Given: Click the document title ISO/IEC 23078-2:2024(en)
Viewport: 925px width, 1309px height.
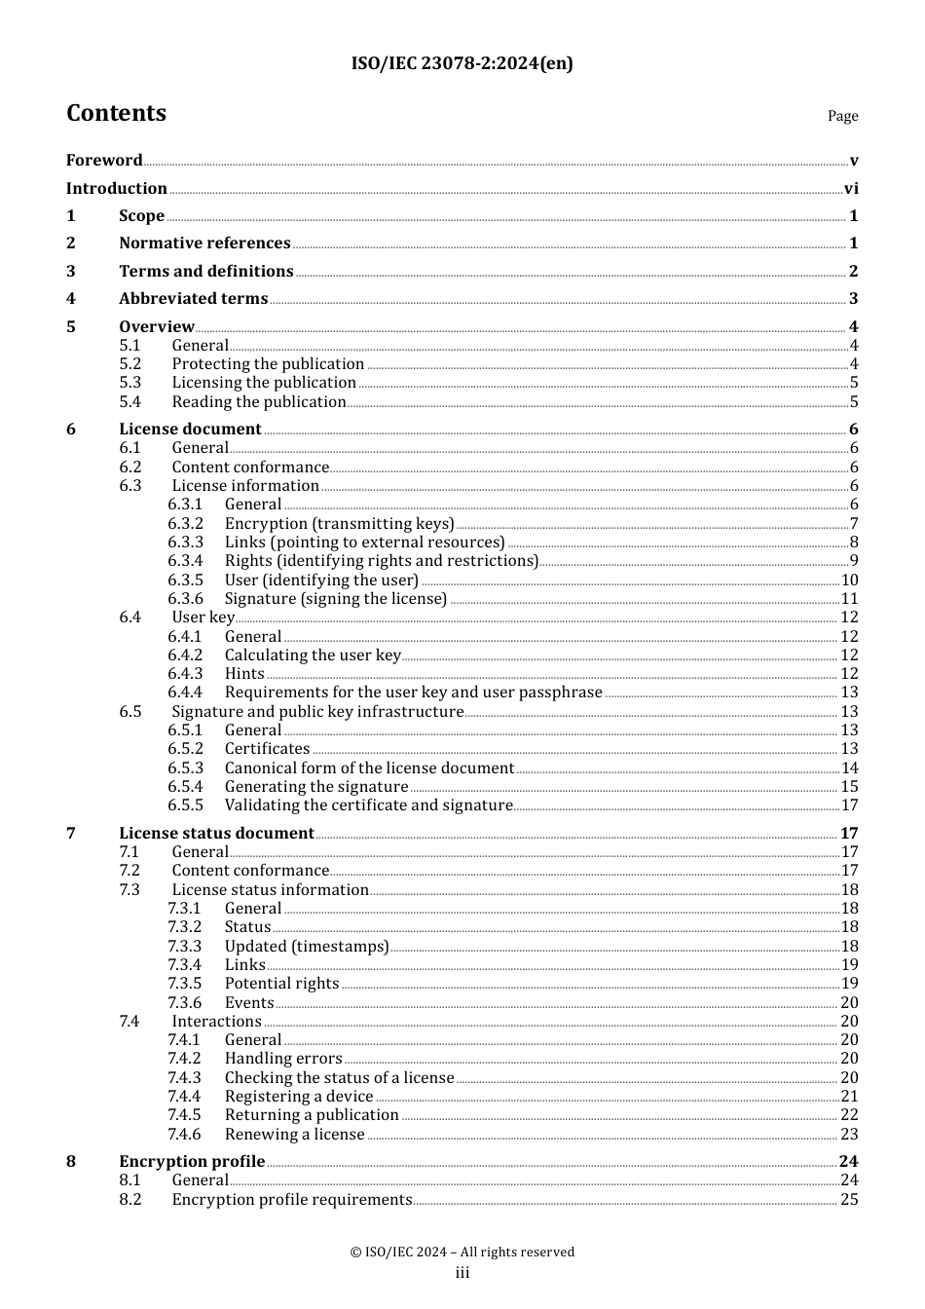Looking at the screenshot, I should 462,64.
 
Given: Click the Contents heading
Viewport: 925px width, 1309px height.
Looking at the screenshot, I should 116,114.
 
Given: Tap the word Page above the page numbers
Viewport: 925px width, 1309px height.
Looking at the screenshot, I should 842,116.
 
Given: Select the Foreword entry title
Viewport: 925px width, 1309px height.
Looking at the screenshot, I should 104,161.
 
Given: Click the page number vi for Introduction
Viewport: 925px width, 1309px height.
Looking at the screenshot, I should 851,189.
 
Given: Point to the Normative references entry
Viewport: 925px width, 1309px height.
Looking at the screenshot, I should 204,243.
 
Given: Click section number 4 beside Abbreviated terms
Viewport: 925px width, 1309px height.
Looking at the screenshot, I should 71,299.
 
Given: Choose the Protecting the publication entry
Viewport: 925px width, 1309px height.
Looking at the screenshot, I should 268,364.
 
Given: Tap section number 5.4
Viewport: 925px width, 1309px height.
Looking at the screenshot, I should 130,402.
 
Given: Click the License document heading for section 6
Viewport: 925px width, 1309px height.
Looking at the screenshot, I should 190,430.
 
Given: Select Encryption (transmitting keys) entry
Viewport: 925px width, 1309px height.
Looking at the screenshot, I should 339,524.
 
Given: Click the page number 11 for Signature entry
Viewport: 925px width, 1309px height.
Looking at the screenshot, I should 849,599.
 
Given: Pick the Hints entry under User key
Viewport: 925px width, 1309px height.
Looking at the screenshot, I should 244,674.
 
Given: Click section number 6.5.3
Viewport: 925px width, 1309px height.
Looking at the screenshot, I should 185,768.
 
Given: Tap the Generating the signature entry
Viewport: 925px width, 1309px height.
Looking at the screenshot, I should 316,787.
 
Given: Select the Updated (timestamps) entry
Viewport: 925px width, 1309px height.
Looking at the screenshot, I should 307,947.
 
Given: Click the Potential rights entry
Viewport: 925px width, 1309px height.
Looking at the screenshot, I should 281,984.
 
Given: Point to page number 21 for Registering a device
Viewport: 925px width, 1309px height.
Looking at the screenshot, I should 849,1097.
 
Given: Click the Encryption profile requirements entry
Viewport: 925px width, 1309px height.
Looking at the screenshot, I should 292,1200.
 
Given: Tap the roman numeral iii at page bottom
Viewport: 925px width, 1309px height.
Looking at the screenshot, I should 462,1273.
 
